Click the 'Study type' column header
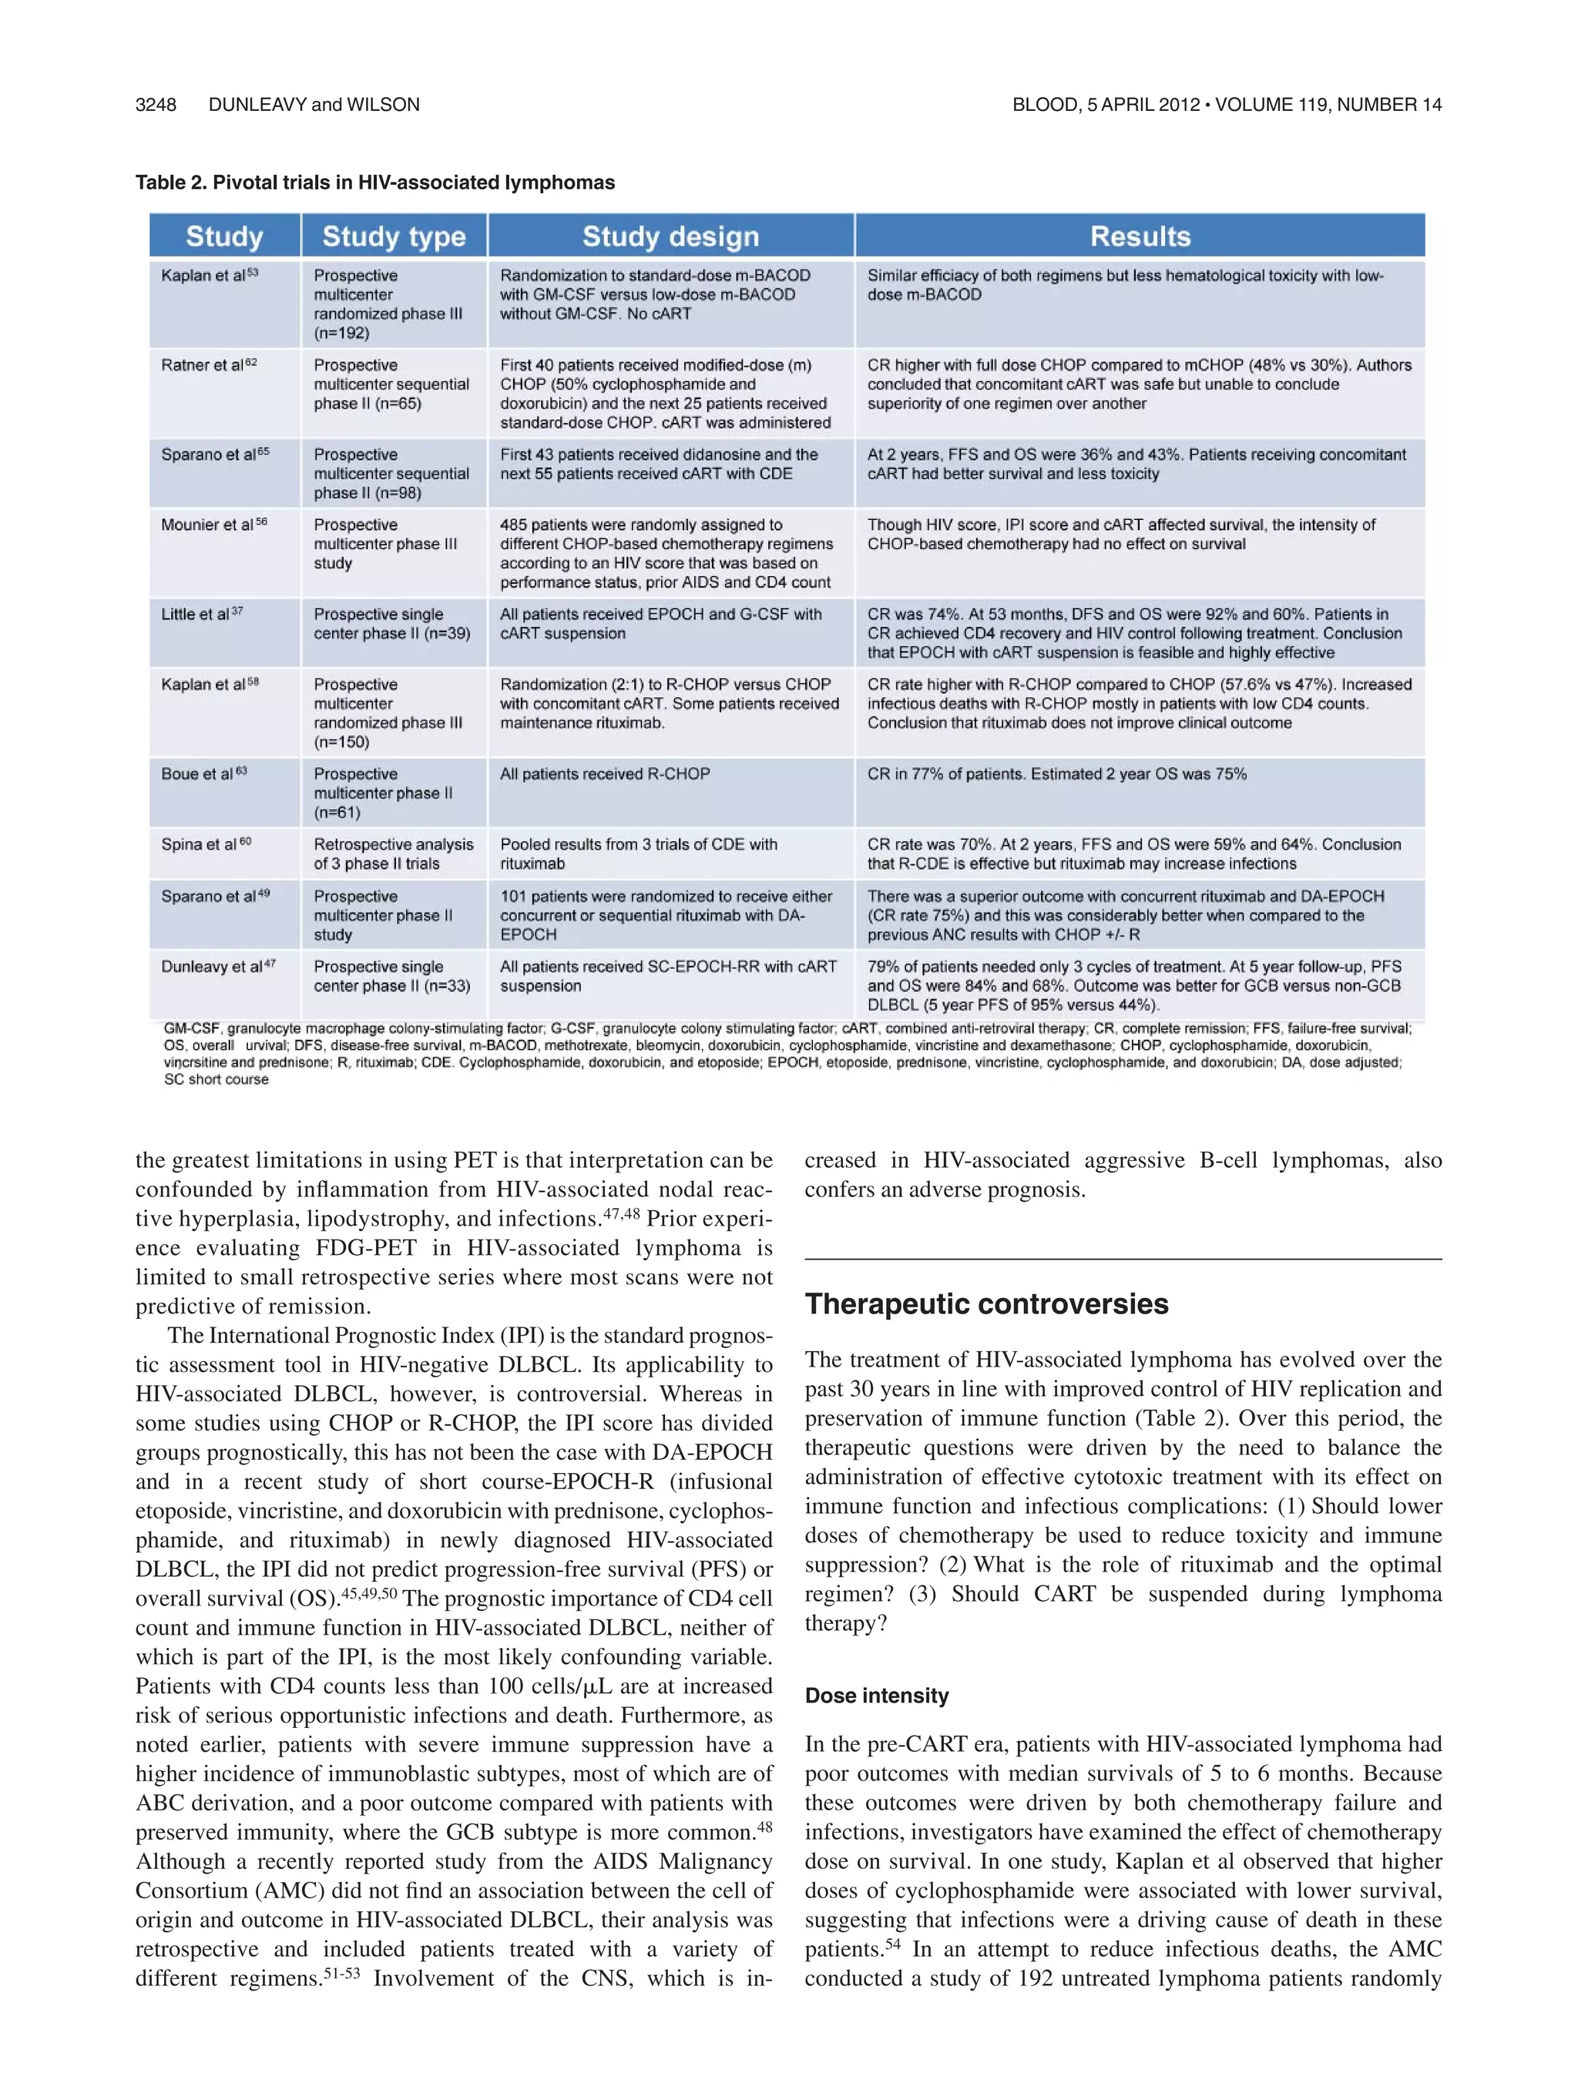[x=393, y=236]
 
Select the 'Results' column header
[x=1140, y=236]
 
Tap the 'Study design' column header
[x=670, y=236]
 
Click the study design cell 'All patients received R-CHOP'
[x=605, y=774]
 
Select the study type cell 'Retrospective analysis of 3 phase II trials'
[x=393, y=854]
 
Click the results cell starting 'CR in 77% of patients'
[x=1056, y=774]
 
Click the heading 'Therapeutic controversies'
[x=986, y=1304]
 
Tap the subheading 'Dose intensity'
[x=877, y=1696]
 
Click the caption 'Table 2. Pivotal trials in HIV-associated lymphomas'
[x=374, y=183]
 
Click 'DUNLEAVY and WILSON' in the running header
[x=314, y=104]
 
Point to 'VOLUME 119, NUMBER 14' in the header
[x=1328, y=104]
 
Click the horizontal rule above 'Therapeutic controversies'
[x=1123, y=1259]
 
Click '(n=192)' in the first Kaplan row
[x=341, y=333]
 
